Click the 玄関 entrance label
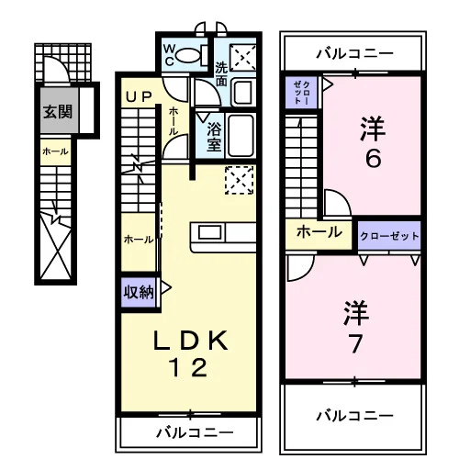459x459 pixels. point(58,112)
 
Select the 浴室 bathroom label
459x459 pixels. point(214,137)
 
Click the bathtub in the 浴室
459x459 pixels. point(241,136)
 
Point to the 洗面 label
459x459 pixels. point(221,74)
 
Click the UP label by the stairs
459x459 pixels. point(139,97)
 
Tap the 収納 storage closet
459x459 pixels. point(139,292)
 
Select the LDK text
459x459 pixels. point(190,341)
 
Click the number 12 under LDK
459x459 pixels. point(189,367)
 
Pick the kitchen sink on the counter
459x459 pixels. point(210,232)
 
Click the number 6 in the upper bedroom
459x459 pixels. point(374,158)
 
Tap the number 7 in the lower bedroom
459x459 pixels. point(355,343)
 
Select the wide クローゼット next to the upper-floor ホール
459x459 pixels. point(389,236)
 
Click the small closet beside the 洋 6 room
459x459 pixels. point(301,93)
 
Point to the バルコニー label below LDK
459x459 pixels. point(195,432)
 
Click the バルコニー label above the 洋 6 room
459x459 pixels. point(354,54)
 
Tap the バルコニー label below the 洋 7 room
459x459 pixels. point(354,416)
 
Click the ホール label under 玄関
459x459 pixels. point(55,151)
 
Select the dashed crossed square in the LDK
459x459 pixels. point(240,180)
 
